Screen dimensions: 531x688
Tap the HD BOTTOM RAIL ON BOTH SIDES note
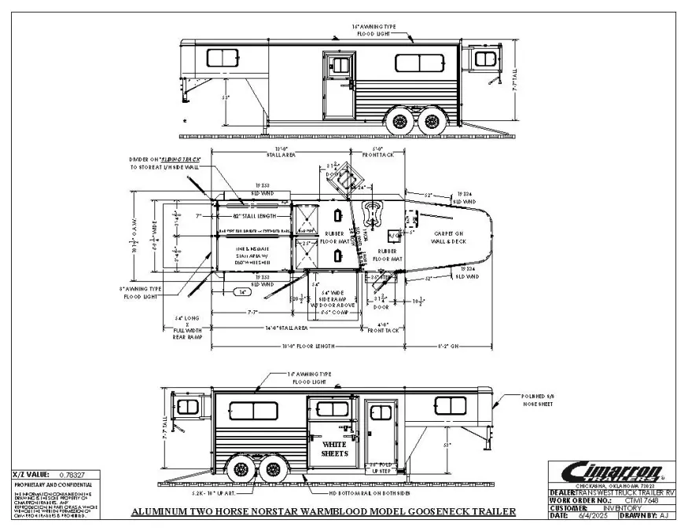click(x=362, y=493)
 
